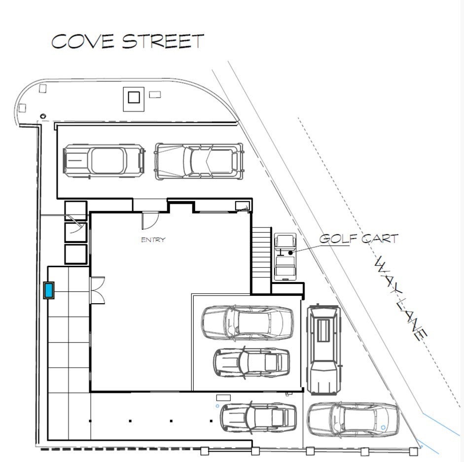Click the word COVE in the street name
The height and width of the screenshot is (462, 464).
82,41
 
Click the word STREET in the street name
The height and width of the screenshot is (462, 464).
163,41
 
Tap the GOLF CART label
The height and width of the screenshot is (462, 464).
358,239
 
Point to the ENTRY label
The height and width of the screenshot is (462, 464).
153,240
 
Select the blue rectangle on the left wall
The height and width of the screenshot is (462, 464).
48,290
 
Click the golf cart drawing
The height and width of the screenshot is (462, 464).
285,256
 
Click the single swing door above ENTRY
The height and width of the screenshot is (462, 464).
150,221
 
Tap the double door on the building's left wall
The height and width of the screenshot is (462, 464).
97,290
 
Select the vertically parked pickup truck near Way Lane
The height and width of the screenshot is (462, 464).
324,350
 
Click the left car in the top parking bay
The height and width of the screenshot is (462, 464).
104,161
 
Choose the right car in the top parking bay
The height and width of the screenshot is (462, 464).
199,161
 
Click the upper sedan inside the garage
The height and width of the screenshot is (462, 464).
248,322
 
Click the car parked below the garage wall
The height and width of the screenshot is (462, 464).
258,417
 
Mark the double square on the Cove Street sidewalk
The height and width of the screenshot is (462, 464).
134,99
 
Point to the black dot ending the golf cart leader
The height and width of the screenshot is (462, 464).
290,253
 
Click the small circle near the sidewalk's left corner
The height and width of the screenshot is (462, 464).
43,116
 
